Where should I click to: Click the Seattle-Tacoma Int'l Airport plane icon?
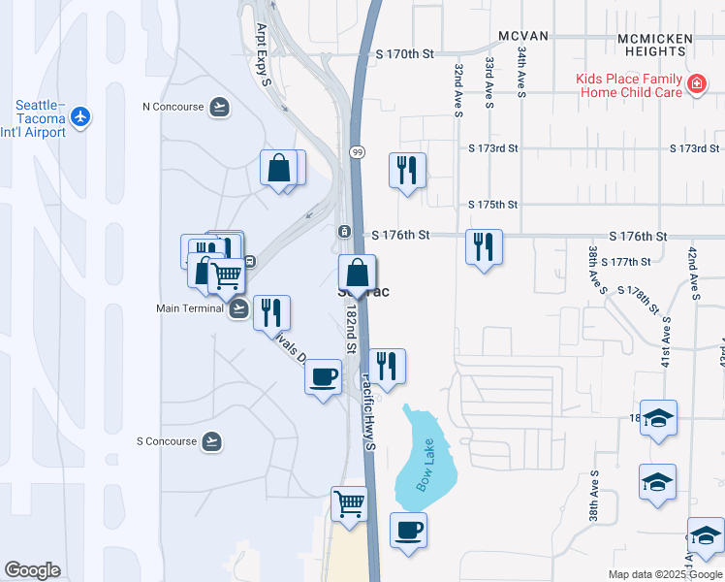pyautogui.click(x=79, y=117)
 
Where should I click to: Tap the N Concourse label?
pyautogui.click(x=173, y=107)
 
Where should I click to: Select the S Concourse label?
pyautogui.click(x=167, y=441)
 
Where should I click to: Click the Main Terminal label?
pyautogui.click(x=190, y=309)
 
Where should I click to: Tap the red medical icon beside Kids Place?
pyautogui.click(x=695, y=85)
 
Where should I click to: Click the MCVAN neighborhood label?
pyautogui.click(x=523, y=36)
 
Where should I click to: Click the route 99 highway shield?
pyautogui.click(x=358, y=151)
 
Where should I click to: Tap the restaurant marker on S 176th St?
pyautogui.click(x=483, y=246)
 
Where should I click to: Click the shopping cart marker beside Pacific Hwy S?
pyautogui.click(x=349, y=503)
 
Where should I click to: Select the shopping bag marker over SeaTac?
pyautogui.click(x=357, y=272)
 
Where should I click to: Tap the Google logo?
pyautogui.click(x=32, y=570)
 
